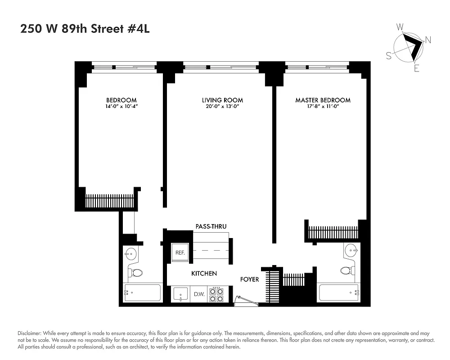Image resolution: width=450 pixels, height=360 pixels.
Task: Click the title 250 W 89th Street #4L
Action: click(85, 29)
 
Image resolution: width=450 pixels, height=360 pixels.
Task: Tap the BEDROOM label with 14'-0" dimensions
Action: click(121, 100)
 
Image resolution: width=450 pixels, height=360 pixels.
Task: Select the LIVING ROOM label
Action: click(222, 100)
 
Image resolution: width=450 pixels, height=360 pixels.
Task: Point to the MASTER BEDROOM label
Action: click(323, 100)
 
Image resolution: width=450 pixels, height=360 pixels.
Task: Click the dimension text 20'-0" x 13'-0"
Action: click(222, 107)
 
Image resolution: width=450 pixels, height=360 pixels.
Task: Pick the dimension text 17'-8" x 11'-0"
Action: click(323, 107)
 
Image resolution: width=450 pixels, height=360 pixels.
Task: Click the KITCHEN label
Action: click(204, 273)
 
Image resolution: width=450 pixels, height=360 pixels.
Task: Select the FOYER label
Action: click(249, 279)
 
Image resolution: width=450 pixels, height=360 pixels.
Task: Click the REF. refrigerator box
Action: click(180, 252)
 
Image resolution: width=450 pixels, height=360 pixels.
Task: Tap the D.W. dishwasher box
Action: click(199, 295)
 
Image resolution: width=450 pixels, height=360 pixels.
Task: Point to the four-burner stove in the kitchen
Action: click(216, 294)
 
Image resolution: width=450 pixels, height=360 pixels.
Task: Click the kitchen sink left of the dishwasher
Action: click(181, 295)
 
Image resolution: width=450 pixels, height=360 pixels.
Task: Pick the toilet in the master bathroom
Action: click(346, 270)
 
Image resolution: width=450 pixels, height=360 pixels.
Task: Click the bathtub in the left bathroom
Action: click(142, 293)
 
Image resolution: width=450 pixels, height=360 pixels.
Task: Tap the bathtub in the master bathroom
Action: click(338, 294)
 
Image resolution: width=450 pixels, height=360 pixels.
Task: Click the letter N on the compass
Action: click(428, 40)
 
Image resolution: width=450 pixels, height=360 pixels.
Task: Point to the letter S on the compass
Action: click(388, 55)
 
